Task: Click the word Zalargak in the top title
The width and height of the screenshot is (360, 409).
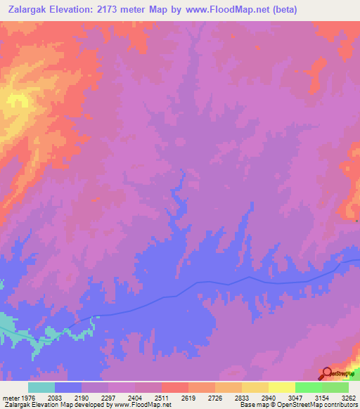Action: [32, 10]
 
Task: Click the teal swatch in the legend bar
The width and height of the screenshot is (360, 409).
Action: [41, 387]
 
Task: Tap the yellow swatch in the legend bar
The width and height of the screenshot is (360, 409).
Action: [282, 387]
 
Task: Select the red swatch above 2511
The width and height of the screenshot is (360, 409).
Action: [175, 387]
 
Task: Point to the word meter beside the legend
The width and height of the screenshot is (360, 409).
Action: [10, 397]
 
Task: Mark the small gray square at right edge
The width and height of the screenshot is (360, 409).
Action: [357, 221]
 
